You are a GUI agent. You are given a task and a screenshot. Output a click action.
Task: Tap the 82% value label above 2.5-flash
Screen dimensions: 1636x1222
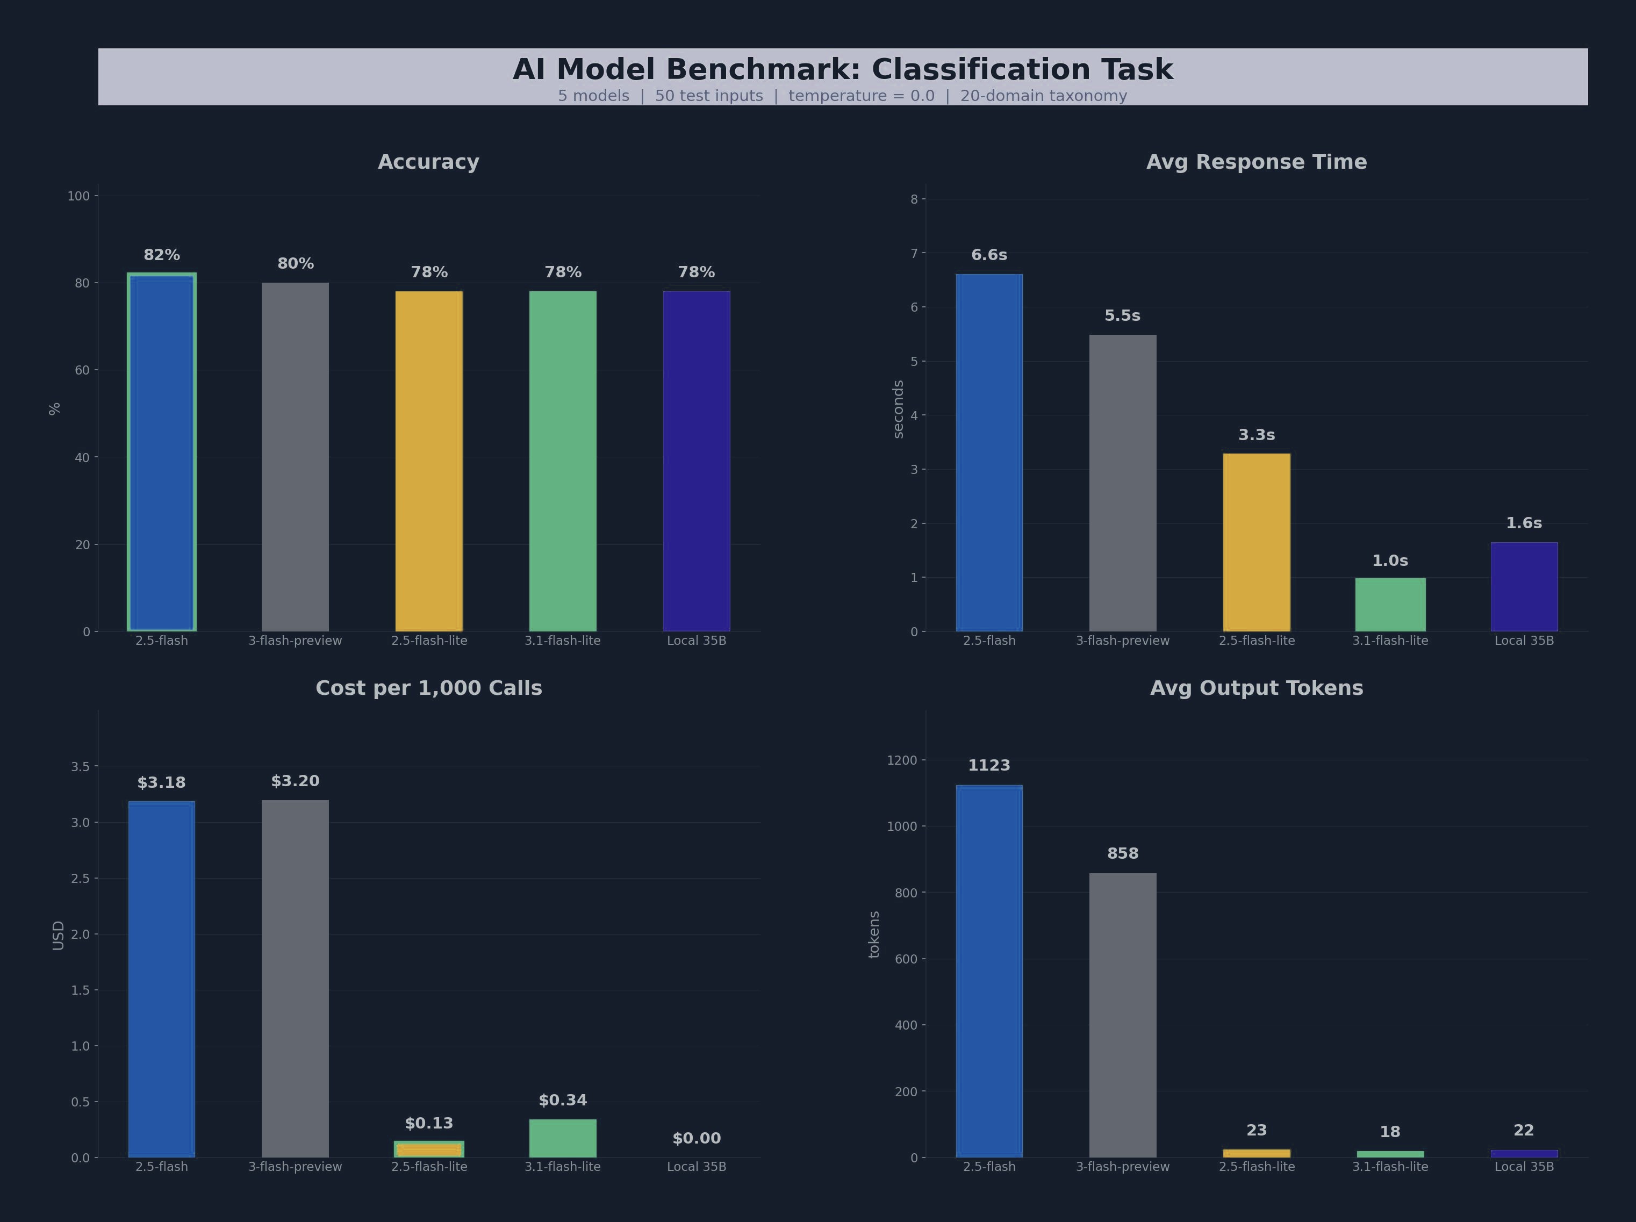point(161,255)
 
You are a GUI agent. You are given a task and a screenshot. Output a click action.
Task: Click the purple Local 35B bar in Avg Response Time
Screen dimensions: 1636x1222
point(1524,587)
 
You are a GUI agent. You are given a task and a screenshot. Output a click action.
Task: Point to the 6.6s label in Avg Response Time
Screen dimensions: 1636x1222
point(989,255)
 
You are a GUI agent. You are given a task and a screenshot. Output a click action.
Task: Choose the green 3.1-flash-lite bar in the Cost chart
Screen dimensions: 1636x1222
point(563,1138)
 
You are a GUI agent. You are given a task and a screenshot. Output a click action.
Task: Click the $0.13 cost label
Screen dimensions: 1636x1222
point(429,1124)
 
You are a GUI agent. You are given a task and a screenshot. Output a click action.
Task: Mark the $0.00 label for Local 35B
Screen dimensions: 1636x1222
point(697,1138)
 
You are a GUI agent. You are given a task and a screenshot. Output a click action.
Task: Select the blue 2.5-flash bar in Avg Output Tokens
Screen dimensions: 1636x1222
point(989,971)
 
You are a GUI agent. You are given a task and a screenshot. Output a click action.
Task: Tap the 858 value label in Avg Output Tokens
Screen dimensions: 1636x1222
point(1123,853)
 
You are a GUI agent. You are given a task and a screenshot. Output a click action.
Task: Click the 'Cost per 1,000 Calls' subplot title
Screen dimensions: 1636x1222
point(429,688)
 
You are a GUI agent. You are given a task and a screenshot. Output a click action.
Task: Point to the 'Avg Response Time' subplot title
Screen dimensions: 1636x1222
point(1257,162)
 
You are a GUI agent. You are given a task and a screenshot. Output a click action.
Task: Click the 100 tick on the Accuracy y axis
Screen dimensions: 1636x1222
point(78,196)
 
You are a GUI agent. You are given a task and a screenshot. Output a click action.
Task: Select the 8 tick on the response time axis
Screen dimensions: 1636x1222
point(914,199)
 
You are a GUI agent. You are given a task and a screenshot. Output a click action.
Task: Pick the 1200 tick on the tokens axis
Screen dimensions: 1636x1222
point(902,760)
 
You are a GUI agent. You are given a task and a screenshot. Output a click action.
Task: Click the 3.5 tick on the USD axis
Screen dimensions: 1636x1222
point(80,766)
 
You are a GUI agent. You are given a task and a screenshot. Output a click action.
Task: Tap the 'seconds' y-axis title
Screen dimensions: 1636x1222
point(899,409)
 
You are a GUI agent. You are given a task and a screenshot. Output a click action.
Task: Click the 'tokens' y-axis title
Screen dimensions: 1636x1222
point(874,935)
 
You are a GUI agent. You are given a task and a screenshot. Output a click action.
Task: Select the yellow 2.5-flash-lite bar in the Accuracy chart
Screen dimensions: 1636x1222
point(429,461)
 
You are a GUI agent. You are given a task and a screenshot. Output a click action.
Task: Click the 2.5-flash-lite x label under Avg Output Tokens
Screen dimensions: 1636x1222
point(1257,1167)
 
